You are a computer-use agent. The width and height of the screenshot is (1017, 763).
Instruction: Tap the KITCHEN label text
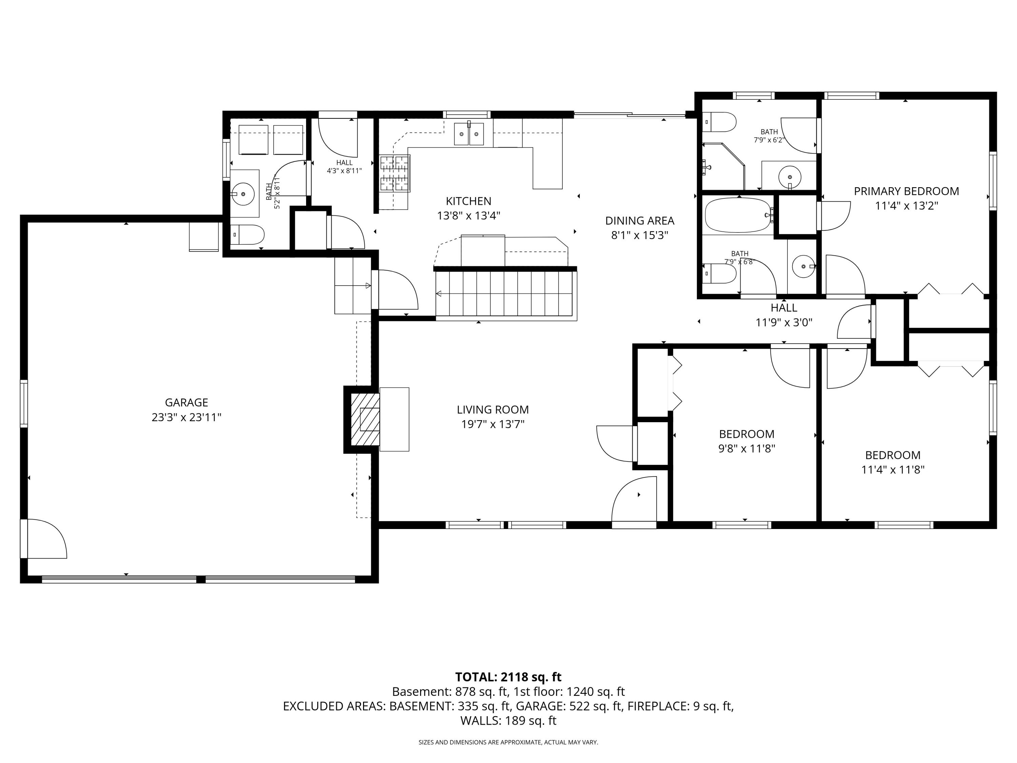[x=468, y=201]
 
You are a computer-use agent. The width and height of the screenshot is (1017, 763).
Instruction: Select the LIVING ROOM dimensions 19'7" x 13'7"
[x=493, y=424]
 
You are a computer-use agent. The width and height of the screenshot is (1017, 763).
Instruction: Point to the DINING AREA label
[x=640, y=221]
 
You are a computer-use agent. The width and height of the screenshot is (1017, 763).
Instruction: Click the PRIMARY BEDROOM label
[x=906, y=191]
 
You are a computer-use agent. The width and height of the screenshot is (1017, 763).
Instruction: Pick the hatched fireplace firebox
[x=365, y=419]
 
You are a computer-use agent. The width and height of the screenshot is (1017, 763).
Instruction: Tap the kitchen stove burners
[x=395, y=173]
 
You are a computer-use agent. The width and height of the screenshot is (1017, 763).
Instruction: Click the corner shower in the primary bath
[x=723, y=166]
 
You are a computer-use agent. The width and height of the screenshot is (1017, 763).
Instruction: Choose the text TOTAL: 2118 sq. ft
[x=508, y=677]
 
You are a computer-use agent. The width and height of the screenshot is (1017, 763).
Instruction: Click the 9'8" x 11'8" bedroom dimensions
[x=747, y=448]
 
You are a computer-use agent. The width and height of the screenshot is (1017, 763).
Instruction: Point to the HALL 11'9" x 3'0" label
[x=784, y=315]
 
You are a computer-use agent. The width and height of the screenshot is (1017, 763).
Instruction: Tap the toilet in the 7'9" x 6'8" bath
[x=720, y=274]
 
